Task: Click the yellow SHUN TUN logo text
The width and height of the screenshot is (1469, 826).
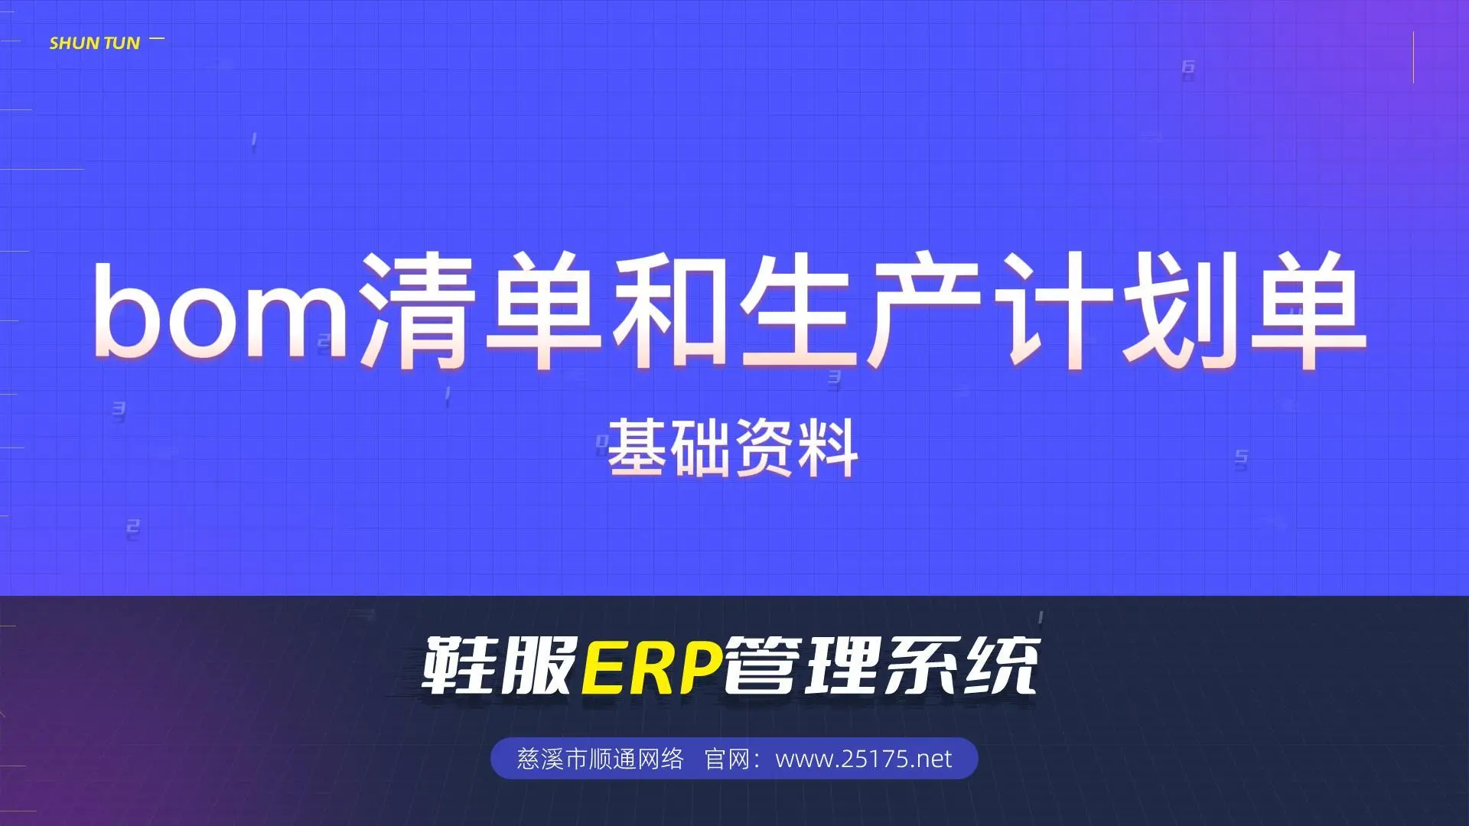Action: click(x=95, y=43)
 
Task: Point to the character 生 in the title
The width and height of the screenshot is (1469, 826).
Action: click(x=796, y=310)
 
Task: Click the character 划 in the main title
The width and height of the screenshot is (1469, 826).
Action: click(x=1178, y=310)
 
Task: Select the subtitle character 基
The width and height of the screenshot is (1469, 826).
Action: click(x=639, y=447)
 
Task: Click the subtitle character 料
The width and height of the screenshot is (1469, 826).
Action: click(x=827, y=447)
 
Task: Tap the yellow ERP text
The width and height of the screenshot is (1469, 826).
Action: click(x=653, y=666)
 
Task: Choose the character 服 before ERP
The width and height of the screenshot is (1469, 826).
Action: click(x=539, y=666)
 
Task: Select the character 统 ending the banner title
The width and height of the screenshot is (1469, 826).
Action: click(x=1001, y=666)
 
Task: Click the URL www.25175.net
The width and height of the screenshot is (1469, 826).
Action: click(x=864, y=759)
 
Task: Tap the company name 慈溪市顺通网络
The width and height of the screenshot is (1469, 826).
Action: click(x=601, y=759)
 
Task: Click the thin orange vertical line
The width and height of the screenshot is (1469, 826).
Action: click(x=1413, y=57)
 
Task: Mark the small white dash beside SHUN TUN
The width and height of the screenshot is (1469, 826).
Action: click(x=157, y=38)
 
